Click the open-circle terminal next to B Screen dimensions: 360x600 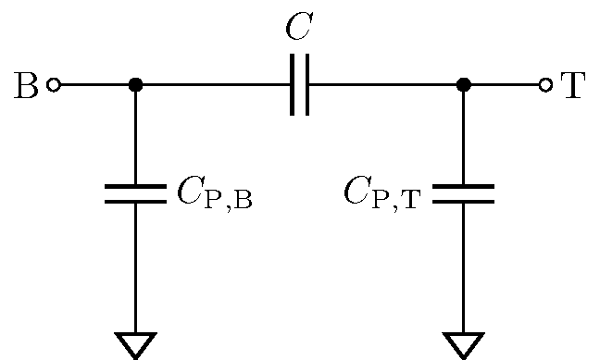click(x=54, y=85)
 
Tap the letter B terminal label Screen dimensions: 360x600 click(x=27, y=85)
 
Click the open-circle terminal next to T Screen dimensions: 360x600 click(x=545, y=85)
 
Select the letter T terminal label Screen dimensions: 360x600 click(x=574, y=85)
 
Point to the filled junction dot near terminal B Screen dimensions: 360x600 click(x=135, y=85)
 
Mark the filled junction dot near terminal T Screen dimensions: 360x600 click(x=464, y=85)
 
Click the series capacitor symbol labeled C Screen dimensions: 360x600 click(x=299, y=85)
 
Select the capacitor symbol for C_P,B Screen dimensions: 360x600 click(x=135, y=193)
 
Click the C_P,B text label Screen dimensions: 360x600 click(x=214, y=193)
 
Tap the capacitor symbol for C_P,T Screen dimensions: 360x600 click(x=464, y=193)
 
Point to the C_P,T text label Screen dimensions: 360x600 click(x=381, y=193)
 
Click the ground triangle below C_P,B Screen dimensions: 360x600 click(x=135, y=343)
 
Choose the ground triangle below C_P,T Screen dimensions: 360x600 click(x=464, y=343)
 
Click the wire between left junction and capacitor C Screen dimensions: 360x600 click(x=213, y=85)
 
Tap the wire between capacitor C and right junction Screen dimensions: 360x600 click(x=384, y=85)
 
